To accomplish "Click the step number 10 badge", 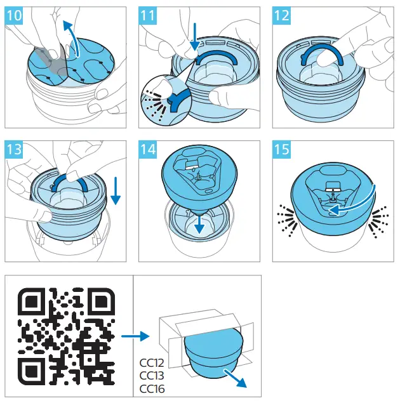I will (x=13, y=16).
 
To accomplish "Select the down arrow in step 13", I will (x=116, y=190).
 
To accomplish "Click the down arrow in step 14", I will (x=200, y=223).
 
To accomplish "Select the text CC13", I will (x=151, y=376).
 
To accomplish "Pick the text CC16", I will (x=151, y=388).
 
